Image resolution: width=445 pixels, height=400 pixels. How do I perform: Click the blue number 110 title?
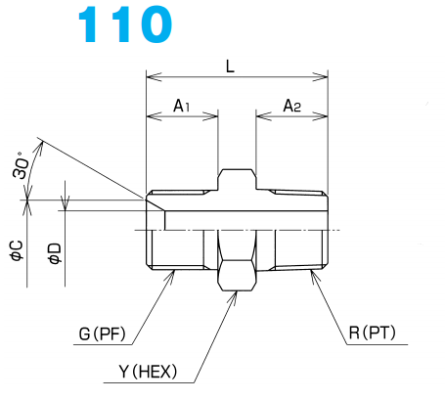tap(125, 24)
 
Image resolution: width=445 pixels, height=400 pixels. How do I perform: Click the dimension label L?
tap(230, 67)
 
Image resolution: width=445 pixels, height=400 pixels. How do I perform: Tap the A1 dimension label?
tap(181, 107)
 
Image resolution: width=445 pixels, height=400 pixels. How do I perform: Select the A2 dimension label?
tap(292, 107)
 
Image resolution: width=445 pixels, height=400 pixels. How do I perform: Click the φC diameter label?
tap(17, 250)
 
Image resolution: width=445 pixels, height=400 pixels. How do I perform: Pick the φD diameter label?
tap(55, 253)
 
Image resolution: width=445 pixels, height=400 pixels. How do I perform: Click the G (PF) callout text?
tap(102, 333)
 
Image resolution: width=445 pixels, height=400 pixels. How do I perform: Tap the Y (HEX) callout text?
tap(148, 372)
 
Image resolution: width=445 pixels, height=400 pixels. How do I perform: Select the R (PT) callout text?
tap(372, 333)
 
